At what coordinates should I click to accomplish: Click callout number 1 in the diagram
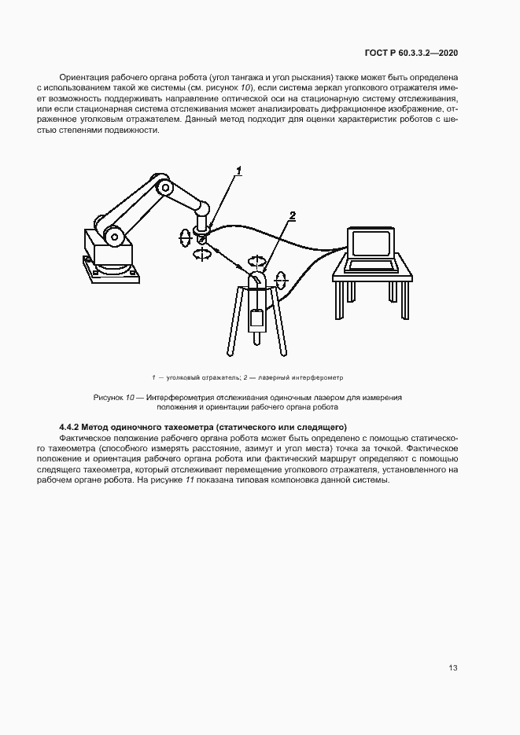coord(238,170)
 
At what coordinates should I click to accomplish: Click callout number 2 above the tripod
coord(292,215)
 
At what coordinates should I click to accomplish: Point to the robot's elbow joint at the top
coord(164,187)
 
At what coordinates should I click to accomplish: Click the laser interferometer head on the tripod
coord(257,282)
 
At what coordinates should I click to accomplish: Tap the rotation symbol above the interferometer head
coord(256,259)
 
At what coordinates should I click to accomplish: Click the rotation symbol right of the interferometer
coord(283,280)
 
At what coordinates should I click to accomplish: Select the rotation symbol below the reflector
coord(203,253)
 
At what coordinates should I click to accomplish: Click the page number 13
coord(453,668)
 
